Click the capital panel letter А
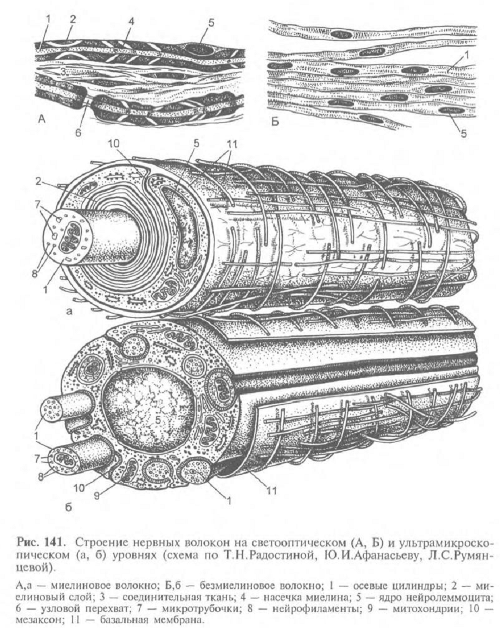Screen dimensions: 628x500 (x=42, y=121)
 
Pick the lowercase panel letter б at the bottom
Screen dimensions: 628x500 (x=68, y=508)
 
